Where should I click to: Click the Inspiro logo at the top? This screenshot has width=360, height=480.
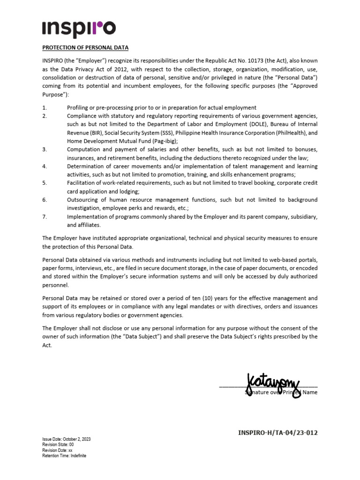tap(78, 29)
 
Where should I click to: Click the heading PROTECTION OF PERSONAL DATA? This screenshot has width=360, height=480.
tap(85, 48)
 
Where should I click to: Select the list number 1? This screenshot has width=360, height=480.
tap(44, 108)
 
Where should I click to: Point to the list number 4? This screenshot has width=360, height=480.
tap(44, 166)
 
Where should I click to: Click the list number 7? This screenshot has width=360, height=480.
tap(44, 217)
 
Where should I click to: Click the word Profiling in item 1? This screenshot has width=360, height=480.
tap(79, 108)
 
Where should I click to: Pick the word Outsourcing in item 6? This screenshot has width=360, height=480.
tap(83, 200)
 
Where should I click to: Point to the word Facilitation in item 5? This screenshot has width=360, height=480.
tap(82, 183)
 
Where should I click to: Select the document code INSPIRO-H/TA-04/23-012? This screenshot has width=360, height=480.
tap(278, 433)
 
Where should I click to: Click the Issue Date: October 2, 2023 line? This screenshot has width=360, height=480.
tap(66, 439)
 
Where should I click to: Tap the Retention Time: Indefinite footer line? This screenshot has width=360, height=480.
tap(64, 456)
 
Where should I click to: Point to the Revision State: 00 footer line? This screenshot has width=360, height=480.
tap(58, 444)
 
